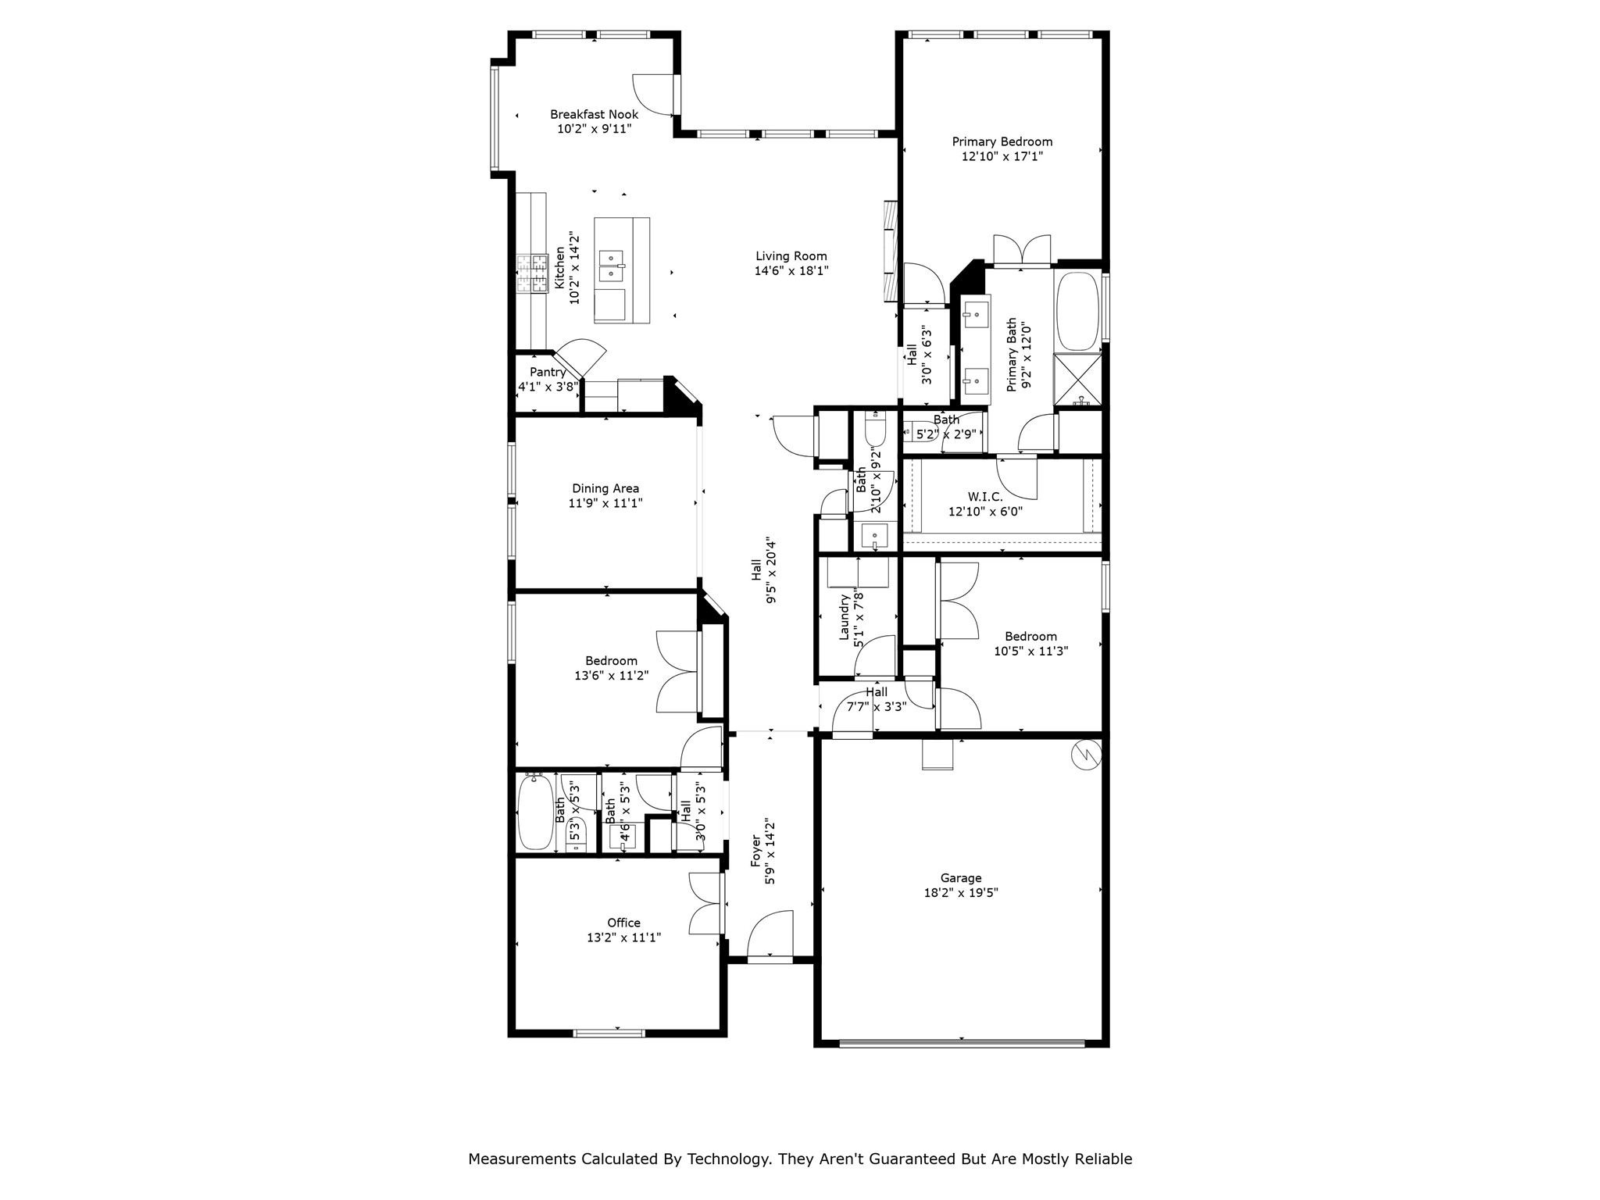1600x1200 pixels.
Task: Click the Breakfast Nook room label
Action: tap(594, 114)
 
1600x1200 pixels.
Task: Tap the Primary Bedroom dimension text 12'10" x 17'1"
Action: tap(1002, 156)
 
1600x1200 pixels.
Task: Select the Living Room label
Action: tap(791, 256)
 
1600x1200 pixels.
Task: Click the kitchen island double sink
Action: tap(612, 266)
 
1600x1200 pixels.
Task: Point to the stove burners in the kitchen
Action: tap(530, 274)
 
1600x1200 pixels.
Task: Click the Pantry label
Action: tap(547, 372)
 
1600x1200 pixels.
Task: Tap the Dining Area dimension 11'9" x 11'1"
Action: tap(605, 504)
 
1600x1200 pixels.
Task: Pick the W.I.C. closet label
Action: tap(984, 496)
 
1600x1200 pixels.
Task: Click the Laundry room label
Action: tap(844, 617)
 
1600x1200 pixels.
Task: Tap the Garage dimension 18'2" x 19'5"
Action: tap(960, 893)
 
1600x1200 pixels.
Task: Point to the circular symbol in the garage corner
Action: tap(1085, 754)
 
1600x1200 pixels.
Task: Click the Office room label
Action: tap(623, 923)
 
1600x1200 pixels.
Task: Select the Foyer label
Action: tap(755, 852)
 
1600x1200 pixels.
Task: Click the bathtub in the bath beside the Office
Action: tap(535, 812)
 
